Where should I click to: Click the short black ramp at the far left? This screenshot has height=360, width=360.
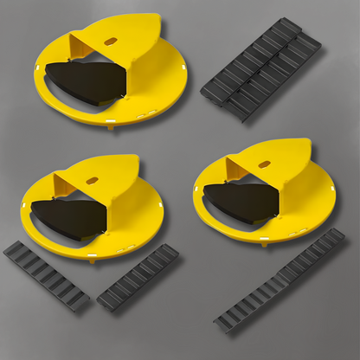47,275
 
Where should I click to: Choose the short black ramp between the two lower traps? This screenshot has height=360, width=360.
138,277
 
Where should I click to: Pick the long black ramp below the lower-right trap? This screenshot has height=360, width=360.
278,280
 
